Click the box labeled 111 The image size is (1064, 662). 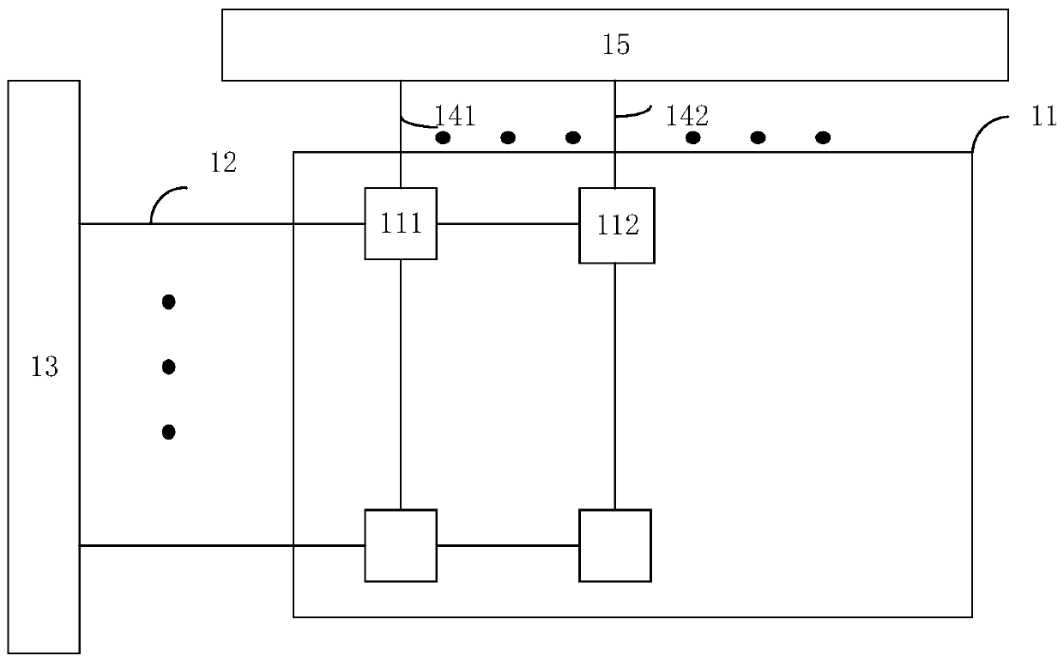401,223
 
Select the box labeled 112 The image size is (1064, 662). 616,225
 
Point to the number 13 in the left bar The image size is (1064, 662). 44,367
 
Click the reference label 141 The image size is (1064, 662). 454,114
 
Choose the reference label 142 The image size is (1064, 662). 686,115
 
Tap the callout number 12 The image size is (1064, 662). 223,163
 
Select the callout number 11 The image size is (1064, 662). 1043,118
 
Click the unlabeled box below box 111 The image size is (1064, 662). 401,545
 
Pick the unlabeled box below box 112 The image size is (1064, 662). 615,545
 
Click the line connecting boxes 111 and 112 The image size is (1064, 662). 508,223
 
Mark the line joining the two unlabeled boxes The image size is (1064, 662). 508,545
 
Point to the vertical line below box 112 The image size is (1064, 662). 615,386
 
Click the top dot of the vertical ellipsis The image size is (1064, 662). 169,301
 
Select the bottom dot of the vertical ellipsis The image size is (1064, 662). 169,432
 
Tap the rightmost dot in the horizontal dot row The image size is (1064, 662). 823,137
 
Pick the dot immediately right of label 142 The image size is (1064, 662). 692,137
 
